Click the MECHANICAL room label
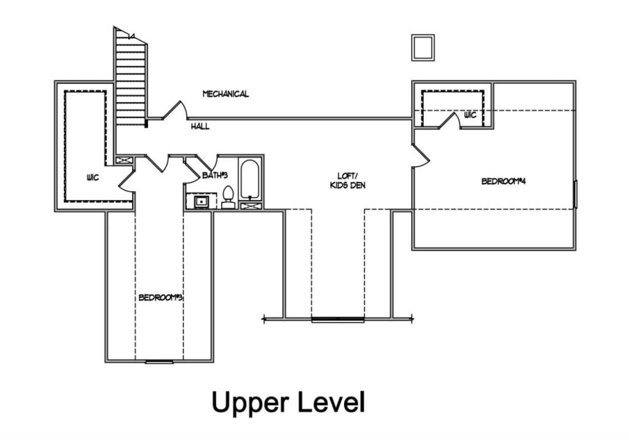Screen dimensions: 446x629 pos(225,94)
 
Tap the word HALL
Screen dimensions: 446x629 pos(200,127)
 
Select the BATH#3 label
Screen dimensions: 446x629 pos(214,176)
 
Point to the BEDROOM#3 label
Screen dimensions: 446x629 pos(161,297)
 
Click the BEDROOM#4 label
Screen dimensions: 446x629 pos(504,181)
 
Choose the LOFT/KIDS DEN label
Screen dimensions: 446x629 pos(347,180)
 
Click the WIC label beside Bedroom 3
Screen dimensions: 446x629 pos(93,177)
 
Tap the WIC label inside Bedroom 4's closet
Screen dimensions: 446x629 pos(471,114)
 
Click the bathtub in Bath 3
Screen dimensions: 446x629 pos(250,179)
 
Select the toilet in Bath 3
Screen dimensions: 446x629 pos(228,198)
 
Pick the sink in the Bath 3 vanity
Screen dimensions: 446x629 pos(201,201)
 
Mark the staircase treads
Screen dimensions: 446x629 pos(130,80)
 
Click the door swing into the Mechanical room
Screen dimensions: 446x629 pos(175,110)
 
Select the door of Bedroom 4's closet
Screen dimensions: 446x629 pos(450,120)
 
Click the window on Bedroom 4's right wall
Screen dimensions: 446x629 pos(575,194)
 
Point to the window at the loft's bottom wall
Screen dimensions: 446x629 pos(338,319)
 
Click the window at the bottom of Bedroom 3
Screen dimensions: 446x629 pos(159,362)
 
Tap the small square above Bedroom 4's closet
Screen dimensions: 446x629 pos(423,48)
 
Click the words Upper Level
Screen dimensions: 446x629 pos(288,402)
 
